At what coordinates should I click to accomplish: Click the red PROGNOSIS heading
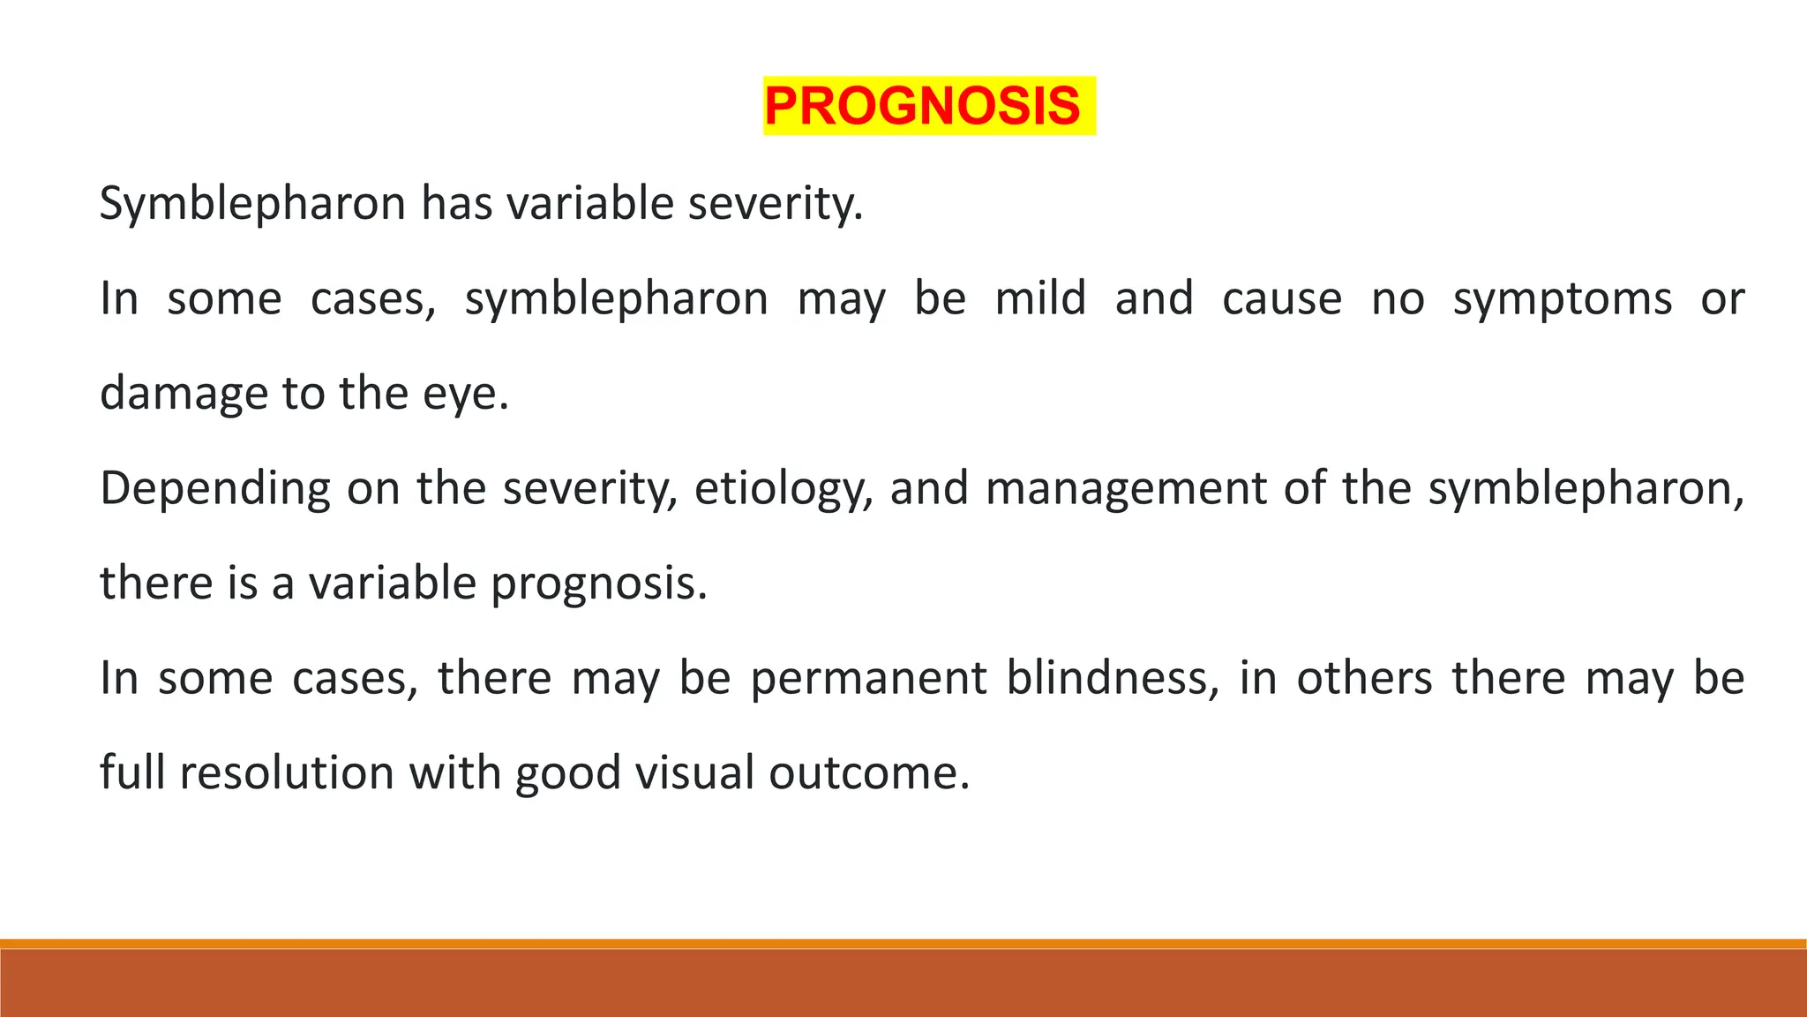922,106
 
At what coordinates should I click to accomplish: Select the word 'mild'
1040,298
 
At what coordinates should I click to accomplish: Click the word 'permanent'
867,680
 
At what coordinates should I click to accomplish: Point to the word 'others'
1364,678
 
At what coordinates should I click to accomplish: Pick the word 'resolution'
286,773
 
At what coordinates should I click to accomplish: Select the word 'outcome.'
869,773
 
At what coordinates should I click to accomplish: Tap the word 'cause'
1281,298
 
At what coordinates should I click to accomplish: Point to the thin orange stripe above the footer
903,944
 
